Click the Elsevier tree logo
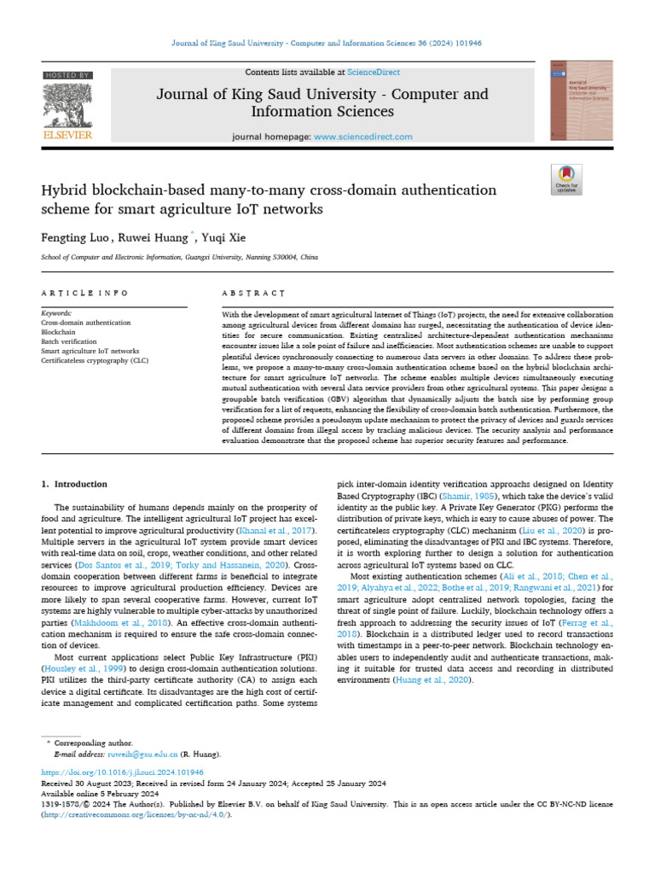coord(67,106)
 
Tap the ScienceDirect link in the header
coord(373,73)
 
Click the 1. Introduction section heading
coord(74,484)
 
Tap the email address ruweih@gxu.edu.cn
coord(142,755)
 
